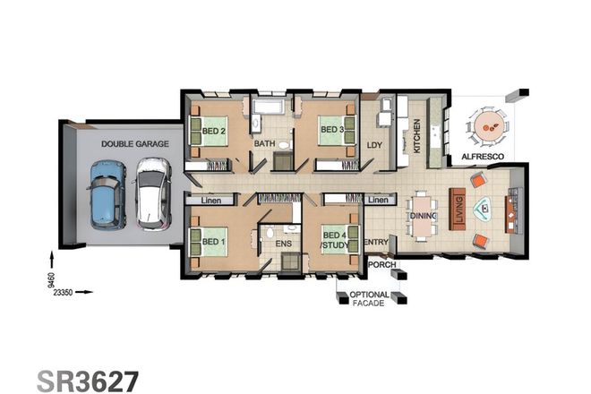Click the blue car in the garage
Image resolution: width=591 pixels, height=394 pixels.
[x=107, y=193]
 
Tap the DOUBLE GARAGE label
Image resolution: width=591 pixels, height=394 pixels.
[x=129, y=143]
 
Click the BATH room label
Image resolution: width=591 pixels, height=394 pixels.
[x=265, y=143]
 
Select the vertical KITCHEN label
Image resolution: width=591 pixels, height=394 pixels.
[x=417, y=139]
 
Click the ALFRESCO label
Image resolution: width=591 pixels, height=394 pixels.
[x=483, y=157]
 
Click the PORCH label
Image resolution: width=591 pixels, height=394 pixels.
[x=382, y=265]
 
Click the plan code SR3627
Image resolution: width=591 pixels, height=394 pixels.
[x=88, y=381]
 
